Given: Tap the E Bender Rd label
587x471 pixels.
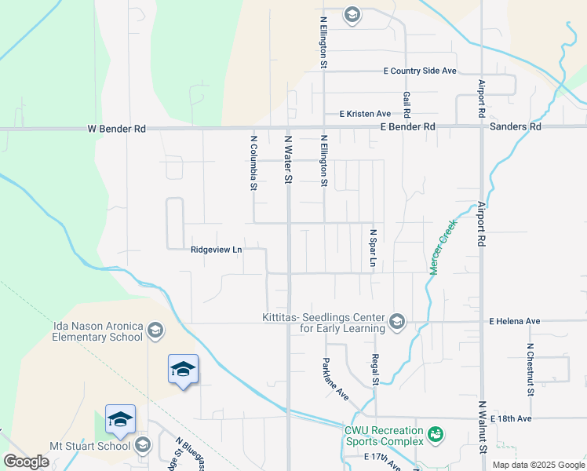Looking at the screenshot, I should click(x=407, y=126).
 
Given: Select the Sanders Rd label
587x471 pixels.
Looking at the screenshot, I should click(x=515, y=126).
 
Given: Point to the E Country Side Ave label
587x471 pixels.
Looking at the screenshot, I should click(x=420, y=71).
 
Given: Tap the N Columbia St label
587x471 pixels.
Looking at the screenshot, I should click(x=253, y=163).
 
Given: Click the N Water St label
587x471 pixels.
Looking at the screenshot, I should click(x=288, y=160).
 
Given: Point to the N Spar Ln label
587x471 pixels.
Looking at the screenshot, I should click(x=374, y=249).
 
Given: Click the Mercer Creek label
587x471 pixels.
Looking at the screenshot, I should click(x=443, y=246).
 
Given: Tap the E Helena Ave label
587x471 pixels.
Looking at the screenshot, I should click(x=515, y=322).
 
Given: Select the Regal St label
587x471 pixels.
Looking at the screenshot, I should click(x=375, y=369).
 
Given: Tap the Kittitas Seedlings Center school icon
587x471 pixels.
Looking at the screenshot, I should click(x=397, y=320).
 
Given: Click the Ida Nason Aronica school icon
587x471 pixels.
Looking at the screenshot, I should click(x=155, y=330).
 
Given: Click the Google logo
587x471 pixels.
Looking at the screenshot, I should click(x=26, y=462).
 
